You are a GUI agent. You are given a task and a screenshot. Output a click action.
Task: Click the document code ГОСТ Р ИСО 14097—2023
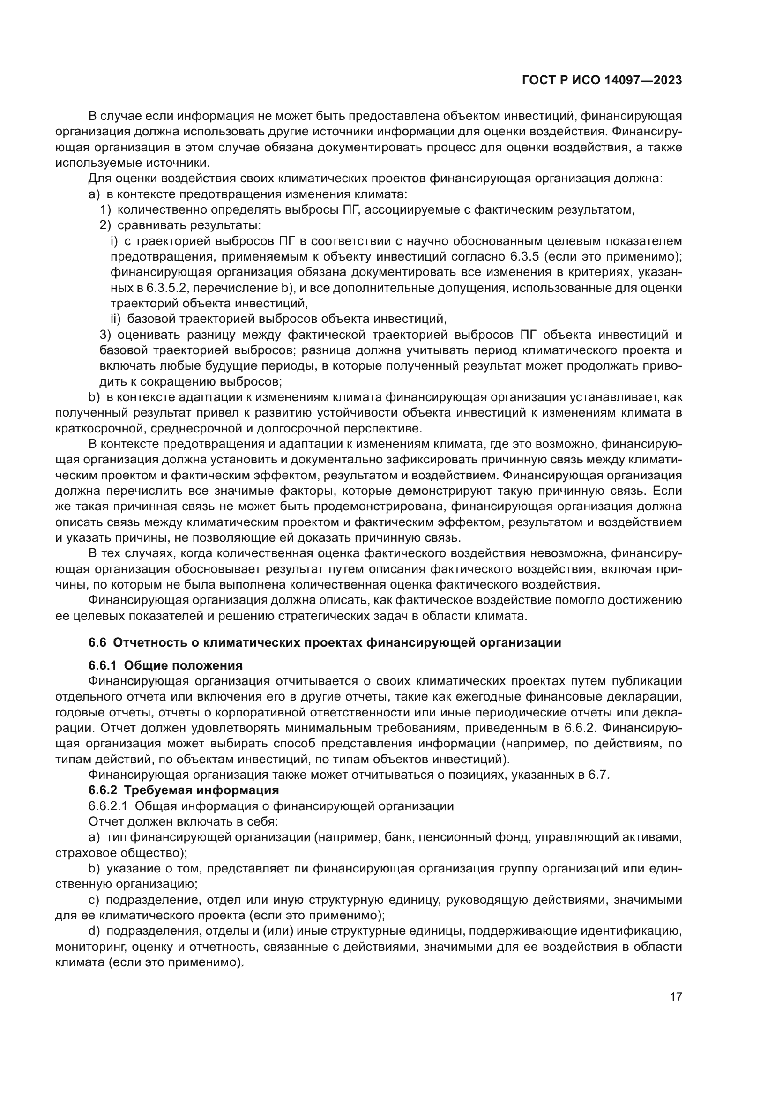coord(602,81)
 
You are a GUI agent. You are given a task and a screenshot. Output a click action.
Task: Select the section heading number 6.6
coord(97,642)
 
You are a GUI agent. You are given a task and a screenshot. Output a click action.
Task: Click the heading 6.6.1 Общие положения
coord(165,665)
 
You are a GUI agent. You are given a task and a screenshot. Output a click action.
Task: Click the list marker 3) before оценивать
coord(105,335)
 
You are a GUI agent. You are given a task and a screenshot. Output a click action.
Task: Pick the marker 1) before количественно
coord(105,209)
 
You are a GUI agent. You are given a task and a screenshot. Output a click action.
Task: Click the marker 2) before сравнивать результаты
coord(105,225)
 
